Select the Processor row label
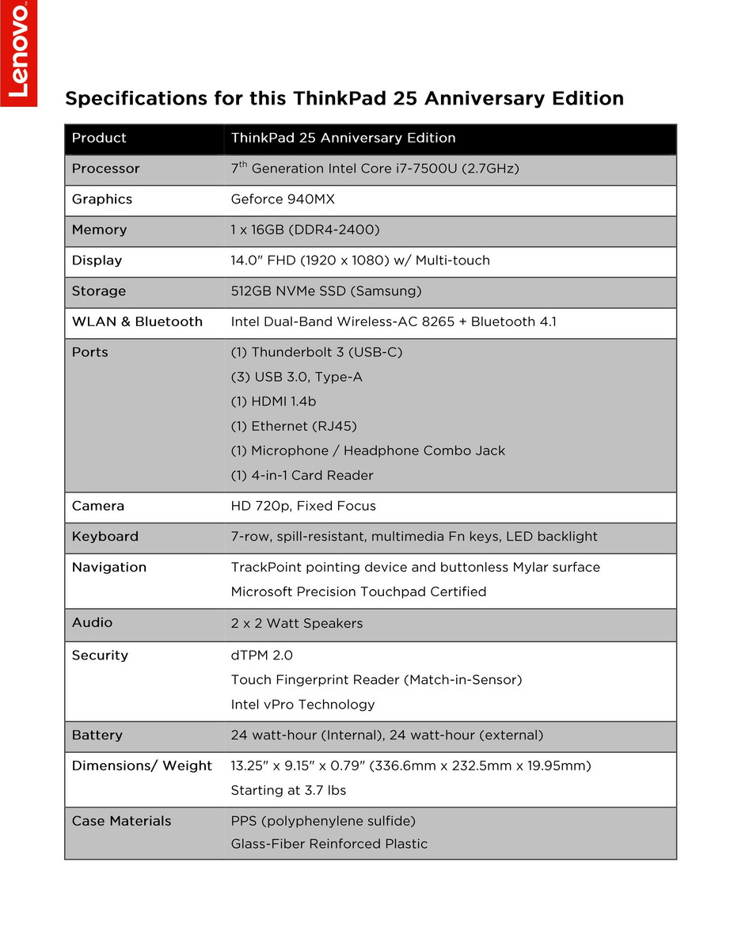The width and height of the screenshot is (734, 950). coord(105,169)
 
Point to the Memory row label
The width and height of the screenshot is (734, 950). coord(99,230)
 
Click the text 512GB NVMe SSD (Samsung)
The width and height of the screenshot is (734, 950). coord(325,291)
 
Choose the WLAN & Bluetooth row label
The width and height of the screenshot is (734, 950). coord(137,321)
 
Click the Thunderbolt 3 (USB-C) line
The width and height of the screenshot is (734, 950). coord(317,352)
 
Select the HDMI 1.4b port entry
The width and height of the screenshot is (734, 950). coord(273,401)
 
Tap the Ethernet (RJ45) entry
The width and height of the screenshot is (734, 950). coord(294,426)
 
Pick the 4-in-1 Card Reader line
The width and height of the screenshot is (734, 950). coord(302,475)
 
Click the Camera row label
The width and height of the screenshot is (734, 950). coord(98,506)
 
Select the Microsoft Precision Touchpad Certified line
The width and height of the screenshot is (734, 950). coord(358,591)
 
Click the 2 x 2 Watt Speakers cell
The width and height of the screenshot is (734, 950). coord(297,623)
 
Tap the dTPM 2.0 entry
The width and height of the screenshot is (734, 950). coord(261,655)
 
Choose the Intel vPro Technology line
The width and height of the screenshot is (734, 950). coord(302,705)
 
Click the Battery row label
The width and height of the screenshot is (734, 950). coord(97,735)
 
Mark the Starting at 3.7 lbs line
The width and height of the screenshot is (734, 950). coord(288,790)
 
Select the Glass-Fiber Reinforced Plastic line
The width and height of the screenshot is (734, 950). coord(329,844)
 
